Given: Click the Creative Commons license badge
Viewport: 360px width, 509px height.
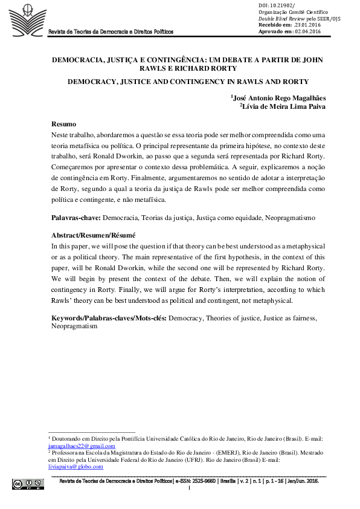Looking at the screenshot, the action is pyautogui.click(x=28, y=483).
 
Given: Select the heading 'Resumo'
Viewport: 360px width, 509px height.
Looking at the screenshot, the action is pyautogui.click(x=63, y=124).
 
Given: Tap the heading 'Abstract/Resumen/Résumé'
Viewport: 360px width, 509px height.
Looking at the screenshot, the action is pyautogui.click(x=94, y=235).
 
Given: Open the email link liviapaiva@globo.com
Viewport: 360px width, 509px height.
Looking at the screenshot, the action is pyautogui.click(x=67, y=467).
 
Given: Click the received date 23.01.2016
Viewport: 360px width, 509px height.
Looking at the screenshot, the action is pyautogui.click(x=297, y=24).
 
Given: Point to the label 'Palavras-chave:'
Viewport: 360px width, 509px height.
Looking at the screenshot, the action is pyautogui.click(x=77, y=216).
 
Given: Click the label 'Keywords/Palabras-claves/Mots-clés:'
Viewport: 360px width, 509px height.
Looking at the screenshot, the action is pyautogui.click(x=109, y=317).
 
